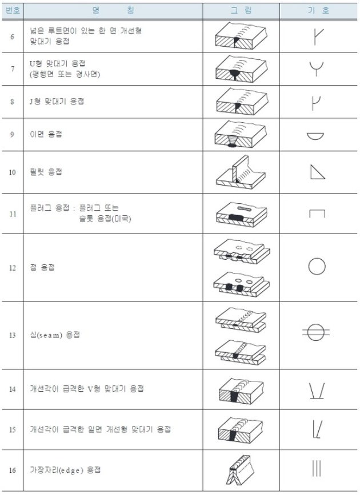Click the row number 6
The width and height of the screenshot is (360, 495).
(x=12, y=37)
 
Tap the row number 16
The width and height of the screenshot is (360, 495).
(x=12, y=470)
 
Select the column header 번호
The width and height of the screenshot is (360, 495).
(x=13, y=10)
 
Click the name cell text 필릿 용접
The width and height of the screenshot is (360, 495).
(x=46, y=172)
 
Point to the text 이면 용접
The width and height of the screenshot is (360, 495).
(x=46, y=134)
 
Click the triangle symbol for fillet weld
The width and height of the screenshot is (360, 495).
(x=317, y=172)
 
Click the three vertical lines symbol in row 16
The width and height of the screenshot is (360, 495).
(x=317, y=469)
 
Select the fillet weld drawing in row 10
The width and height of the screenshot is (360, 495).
(x=241, y=172)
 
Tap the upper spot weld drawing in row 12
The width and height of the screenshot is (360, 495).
(x=242, y=251)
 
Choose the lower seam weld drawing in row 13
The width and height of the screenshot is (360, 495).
(x=241, y=352)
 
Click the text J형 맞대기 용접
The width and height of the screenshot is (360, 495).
(x=57, y=102)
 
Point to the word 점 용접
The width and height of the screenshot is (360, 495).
(x=42, y=268)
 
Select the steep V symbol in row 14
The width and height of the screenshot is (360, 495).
(x=317, y=391)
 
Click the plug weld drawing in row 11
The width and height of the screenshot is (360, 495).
(x=242, y=214)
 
